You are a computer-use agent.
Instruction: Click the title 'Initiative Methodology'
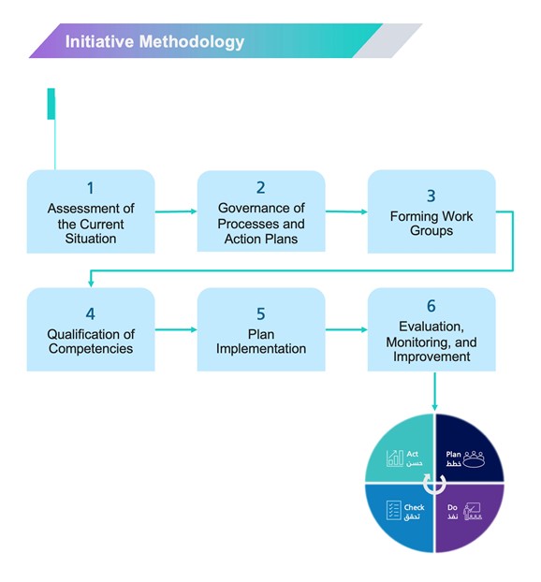pyautogui.click(x=154, y=41)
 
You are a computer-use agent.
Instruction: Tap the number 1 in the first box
pyautogui.click(x=90, y=188)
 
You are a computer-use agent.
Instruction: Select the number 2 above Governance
pyautogui.click(x=260, y=187)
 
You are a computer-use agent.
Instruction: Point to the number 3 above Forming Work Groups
pyautogui.click(x=431, y=196)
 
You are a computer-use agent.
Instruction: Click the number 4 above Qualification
pyautogui.click(x=90, y=314)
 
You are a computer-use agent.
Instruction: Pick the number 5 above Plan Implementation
pyautogui.click(x=260, y=314)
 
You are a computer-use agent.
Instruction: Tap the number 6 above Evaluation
pyautogui.click(x=431, y=306)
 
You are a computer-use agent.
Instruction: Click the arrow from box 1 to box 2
pyautogui.click(x=176, y=211)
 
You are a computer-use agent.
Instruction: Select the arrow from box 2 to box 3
pyautogui.click(x=346, y=211)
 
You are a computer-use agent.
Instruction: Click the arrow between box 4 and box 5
pyautogui.click(x=176, y=329)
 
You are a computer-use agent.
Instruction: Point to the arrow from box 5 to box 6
pyautogui.click(x=346, y=329)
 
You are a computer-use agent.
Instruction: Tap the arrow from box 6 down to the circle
pyautogui.click(x=434, y=391)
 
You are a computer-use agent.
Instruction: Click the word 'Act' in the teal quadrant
pyautogui.click(x=412, y=454)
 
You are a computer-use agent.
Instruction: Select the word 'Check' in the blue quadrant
pyautogui.click(x=414, y=507)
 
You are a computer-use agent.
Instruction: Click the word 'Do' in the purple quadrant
pyautogui.click(x=452, y=507)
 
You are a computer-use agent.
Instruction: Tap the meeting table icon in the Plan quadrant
pyautogui.click(x=474, y=459)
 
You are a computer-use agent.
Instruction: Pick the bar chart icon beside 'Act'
pyautogui.click(x=395, y=458)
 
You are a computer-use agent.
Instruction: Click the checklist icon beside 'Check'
pyautogui.click(x=394, y=510)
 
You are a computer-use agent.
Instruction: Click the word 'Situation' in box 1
pyautogui.click(x=91, y=239)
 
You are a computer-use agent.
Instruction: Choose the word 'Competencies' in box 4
pyautogui.click(x=91, y=348)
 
